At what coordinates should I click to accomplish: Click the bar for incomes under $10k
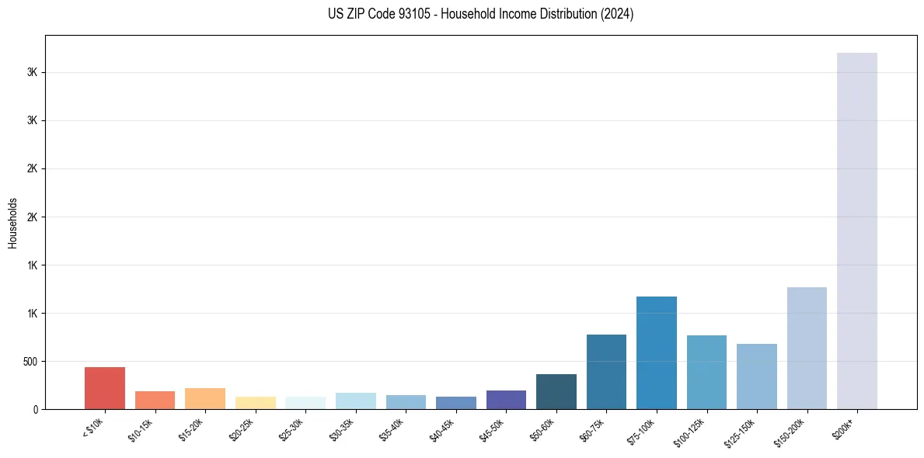click(105, 388)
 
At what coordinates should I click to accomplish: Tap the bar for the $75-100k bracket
click(657, 352)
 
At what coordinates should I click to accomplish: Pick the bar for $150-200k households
click(807, 348)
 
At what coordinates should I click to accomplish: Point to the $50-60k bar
click(556, 391)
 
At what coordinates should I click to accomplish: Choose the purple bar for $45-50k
click(506, 400)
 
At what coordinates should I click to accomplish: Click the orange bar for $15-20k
click(205, 398)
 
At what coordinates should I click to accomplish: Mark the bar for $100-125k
click(706, 372)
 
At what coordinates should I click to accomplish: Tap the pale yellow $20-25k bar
click(256, 403)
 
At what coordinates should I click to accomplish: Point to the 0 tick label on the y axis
click(35, 410)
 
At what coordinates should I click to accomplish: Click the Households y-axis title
click(13, 223)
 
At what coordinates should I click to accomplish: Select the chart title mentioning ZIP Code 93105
click(481, 14)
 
